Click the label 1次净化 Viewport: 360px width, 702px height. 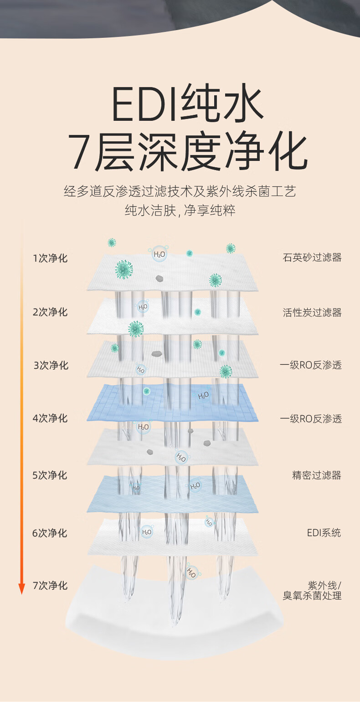coord(50,258)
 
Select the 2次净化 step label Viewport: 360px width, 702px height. coord(50,312)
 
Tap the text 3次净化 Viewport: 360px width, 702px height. coord(51,365)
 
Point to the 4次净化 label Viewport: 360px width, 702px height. coord(50,418)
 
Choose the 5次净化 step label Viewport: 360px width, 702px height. coord(50,475)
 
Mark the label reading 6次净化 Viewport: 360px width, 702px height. coord(50,532)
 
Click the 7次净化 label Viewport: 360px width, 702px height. coord(50,585)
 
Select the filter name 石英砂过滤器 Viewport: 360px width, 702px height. coord(312,258)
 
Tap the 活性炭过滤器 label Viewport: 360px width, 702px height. coord(312,312)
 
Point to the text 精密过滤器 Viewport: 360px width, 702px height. coord(316,475)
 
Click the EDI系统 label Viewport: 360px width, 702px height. coord(324,532)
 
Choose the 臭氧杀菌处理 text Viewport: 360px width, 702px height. coord(312,595)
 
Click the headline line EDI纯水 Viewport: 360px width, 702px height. coord(187,105)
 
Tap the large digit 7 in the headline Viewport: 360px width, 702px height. coord(80,151)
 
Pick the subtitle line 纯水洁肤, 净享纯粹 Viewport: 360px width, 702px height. coord(180,211)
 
